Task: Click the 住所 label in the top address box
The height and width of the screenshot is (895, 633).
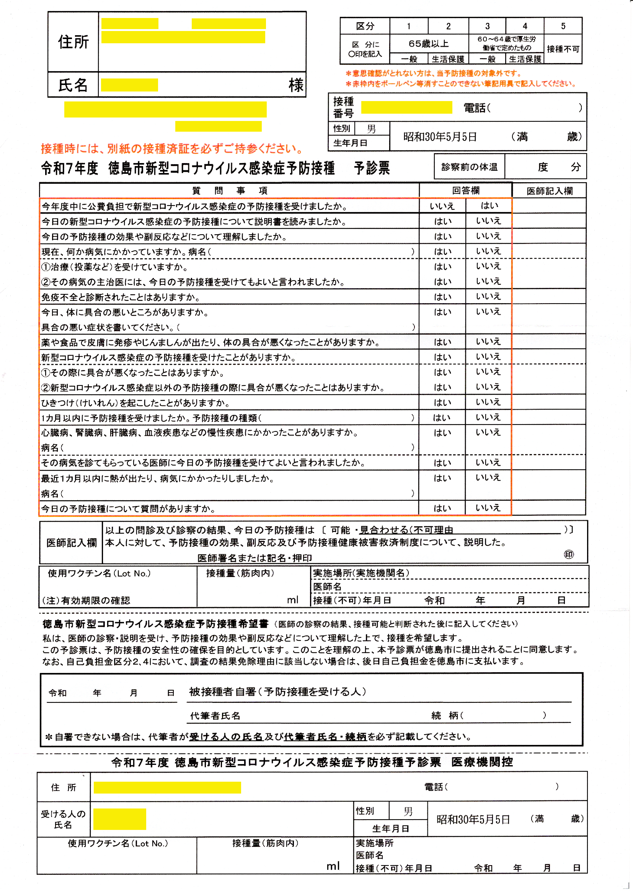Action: (73, 42)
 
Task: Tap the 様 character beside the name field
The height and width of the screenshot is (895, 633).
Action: (296, 85)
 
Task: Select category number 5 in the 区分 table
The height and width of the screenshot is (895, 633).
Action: (563, 26)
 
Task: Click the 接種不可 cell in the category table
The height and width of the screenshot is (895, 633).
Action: (563, 49)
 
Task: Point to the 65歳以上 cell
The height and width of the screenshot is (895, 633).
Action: (428, 43)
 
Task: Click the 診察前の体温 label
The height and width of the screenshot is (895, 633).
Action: (469, 167)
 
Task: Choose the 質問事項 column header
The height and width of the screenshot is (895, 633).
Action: (230, 190)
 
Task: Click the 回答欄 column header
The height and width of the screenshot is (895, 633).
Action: (465, 190)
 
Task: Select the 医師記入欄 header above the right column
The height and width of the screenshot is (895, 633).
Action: (549, 191)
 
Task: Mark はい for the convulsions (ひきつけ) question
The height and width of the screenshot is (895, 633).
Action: (442, 403)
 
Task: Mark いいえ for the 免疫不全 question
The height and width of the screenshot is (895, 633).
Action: (488, 297)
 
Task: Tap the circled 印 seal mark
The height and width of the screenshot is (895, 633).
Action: (569, 554)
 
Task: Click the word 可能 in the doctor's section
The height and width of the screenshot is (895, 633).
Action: (340, 530)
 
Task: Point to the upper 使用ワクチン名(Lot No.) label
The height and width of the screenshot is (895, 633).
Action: (99, 573)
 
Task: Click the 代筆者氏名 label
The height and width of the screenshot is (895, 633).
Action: (215, 716)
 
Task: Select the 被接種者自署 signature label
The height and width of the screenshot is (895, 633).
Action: (277, 692)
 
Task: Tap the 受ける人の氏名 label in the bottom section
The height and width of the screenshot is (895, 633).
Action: (63, 819)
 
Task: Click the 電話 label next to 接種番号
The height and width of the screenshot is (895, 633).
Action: (476, 108)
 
